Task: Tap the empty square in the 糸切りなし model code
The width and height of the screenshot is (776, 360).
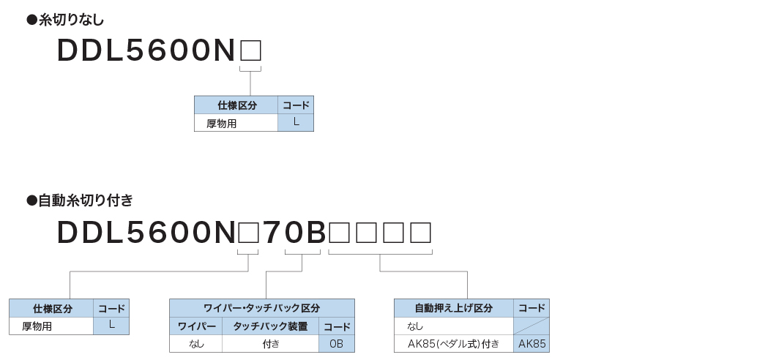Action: (x=250, y=50)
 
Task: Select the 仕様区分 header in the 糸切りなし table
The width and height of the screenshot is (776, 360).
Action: (x=236, y=105)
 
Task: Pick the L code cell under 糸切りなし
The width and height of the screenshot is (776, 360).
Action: (x=296, y=123)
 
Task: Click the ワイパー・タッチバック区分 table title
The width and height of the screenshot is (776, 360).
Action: (x=261, y=308)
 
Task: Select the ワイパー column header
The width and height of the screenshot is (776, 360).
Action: (x=196, y=326)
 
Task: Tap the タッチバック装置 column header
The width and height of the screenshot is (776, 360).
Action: (x=270, y=326)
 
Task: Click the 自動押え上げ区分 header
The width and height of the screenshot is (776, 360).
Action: (x=454, y=308)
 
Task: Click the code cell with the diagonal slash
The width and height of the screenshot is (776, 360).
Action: (x=531, y=326)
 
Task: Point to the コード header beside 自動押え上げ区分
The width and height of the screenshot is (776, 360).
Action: (x=531, y=308)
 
